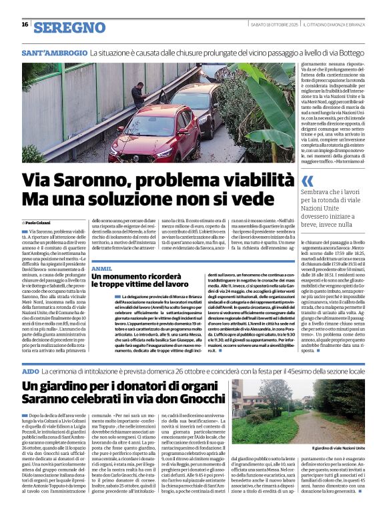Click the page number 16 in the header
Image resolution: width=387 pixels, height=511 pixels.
click(25, 24)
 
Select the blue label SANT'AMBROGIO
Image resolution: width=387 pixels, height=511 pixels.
click(54, 52)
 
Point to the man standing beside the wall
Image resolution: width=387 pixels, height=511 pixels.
click(137, 95)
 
